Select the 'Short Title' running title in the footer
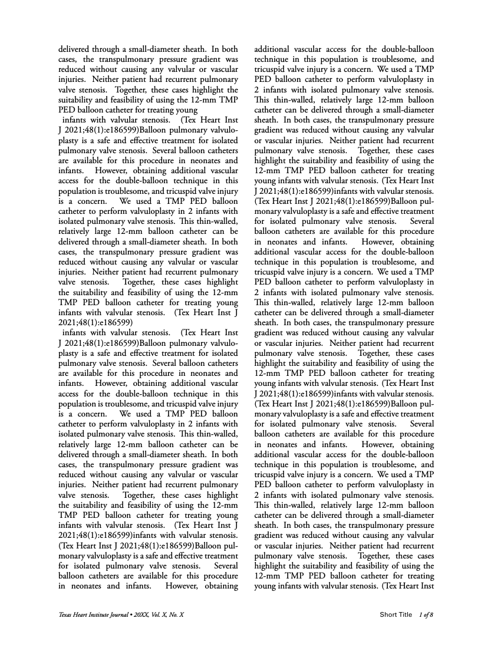click(396, 615)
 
